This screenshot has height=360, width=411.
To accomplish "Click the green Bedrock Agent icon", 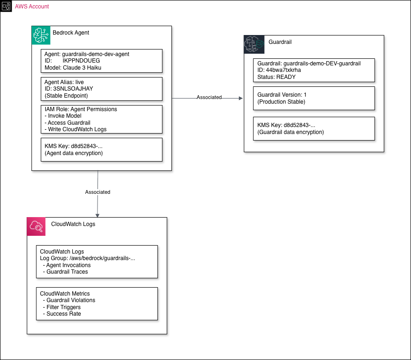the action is click(x=41, y=35).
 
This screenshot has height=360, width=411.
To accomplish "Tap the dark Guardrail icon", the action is click(x=254, y=44).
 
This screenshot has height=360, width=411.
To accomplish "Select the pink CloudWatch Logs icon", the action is click(x=36, y=226).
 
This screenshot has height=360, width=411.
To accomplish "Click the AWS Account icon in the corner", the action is click(x=6, y=6).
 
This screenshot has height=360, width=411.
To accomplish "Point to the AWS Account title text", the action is click(x=32, y=6).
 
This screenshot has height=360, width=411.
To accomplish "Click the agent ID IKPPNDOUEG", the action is click(x=81, y=61).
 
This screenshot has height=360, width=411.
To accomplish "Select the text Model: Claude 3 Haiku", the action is click(x=73, y=67).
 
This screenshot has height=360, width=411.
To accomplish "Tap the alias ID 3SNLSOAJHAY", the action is click(x=73, y=89).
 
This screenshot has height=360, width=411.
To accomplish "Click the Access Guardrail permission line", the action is click(x=67, y=122).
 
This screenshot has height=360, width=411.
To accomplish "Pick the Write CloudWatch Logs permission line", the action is click(x=76, y=129).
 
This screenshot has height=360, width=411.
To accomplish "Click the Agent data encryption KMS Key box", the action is click(x=101, y=149).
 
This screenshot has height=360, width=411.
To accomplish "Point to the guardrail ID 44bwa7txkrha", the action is click(x=283, y=70).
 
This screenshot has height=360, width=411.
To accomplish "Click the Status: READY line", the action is click(x=276, y=77).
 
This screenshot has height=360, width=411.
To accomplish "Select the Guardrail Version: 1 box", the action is click(x=314, y=98).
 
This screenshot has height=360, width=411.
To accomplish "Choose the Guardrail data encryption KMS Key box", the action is click(x=314, y=128).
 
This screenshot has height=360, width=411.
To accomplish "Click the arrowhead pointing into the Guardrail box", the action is click(x=241, y=98).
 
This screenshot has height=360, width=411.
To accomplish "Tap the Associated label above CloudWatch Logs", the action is click(x=98, y=192).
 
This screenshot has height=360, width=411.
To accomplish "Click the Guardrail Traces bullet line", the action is click(x=65, y=272).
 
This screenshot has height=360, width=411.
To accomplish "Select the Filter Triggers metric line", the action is click(x=62, y=307).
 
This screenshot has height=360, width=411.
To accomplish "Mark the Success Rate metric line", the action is click(x=62, y=314).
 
